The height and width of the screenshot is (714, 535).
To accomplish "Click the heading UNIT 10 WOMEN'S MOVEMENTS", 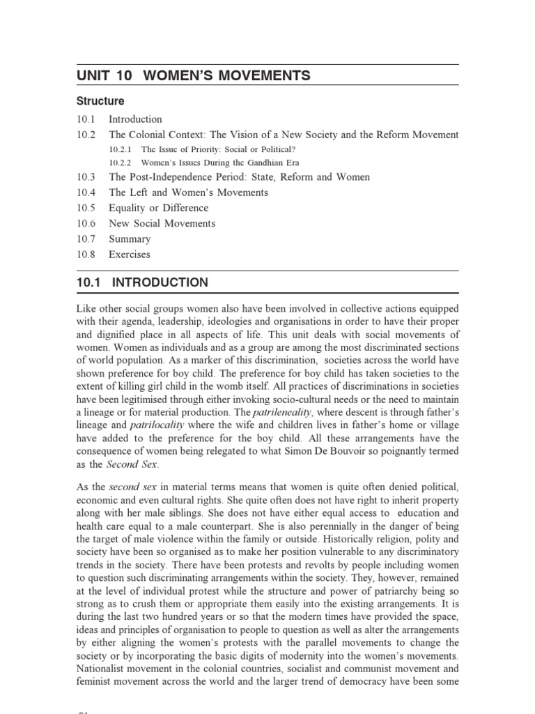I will [194, 75].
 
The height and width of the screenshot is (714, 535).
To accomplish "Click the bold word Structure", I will [100, 101].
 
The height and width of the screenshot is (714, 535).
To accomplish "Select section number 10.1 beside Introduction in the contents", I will [87, 119].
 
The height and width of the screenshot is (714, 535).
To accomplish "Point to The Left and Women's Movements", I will [188, 192].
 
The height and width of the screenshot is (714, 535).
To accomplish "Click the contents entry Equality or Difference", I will [158, 208].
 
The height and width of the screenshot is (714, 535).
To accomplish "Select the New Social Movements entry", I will [162, 223].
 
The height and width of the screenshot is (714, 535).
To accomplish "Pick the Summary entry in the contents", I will [130, 238].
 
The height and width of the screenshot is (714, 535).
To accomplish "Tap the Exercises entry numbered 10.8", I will [129, 254].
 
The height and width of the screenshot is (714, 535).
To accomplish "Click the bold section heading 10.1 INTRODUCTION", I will [142, 283].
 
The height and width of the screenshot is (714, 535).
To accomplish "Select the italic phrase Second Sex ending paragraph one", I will [138, 464].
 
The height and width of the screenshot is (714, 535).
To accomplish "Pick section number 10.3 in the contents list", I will [87, 177].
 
